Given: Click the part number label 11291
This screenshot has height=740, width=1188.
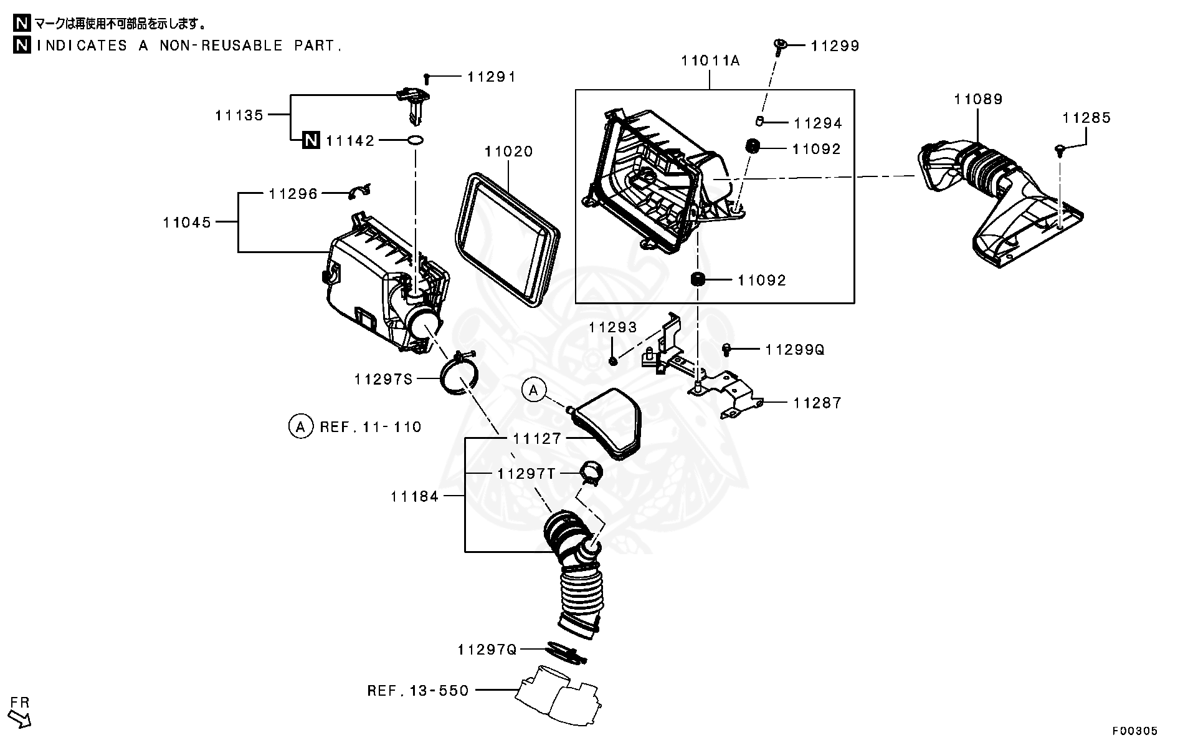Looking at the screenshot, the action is [492, 77].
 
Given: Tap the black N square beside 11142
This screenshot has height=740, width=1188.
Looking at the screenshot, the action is [311, 141].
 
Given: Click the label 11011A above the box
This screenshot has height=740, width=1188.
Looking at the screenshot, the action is [710, 60].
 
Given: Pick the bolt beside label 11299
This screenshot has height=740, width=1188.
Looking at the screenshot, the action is [779, 45].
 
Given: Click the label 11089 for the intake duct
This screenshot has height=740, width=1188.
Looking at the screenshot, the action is [978, 99].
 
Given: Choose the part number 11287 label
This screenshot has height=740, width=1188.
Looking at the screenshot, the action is [817, 403].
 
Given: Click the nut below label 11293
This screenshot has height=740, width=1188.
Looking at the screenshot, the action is [613, 360].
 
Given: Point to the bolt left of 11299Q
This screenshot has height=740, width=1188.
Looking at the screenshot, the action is [726, 349].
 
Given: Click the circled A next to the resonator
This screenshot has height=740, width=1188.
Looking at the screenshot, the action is [533, 390].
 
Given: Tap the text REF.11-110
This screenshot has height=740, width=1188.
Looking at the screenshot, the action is [371, 427].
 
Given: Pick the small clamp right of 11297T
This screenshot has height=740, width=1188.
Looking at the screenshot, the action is [591, 472].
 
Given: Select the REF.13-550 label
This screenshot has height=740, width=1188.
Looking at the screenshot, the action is [417, 690].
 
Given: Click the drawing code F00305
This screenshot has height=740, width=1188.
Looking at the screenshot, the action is [1136, 731].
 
